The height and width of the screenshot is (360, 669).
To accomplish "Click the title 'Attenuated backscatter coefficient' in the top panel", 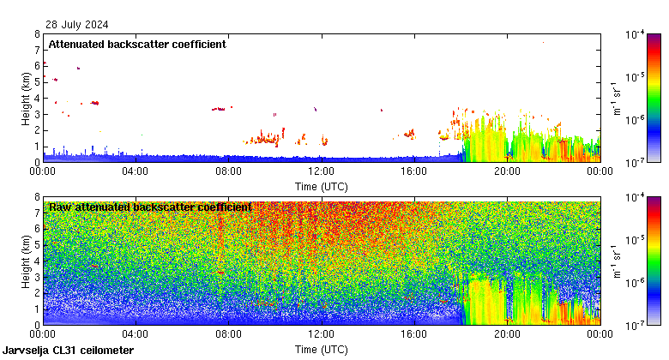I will [x=137, y=44].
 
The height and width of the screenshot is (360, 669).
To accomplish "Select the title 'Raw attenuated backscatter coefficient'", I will [x=150, y=207].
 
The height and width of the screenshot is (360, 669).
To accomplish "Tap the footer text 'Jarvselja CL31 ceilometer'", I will [x=68, y=351].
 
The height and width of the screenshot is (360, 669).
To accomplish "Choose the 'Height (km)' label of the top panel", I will [x=26, y=98].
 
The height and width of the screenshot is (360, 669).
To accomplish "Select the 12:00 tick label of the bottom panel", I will [x=321, y=335].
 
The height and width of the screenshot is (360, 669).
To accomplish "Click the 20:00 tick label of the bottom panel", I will [x=506, y=335].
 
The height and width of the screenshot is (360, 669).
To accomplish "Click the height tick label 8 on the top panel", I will [x=37, y=34].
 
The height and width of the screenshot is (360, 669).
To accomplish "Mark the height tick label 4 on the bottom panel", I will [x=37, y=261].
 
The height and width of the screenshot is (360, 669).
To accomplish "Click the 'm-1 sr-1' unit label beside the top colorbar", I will [x=617, y=98].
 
